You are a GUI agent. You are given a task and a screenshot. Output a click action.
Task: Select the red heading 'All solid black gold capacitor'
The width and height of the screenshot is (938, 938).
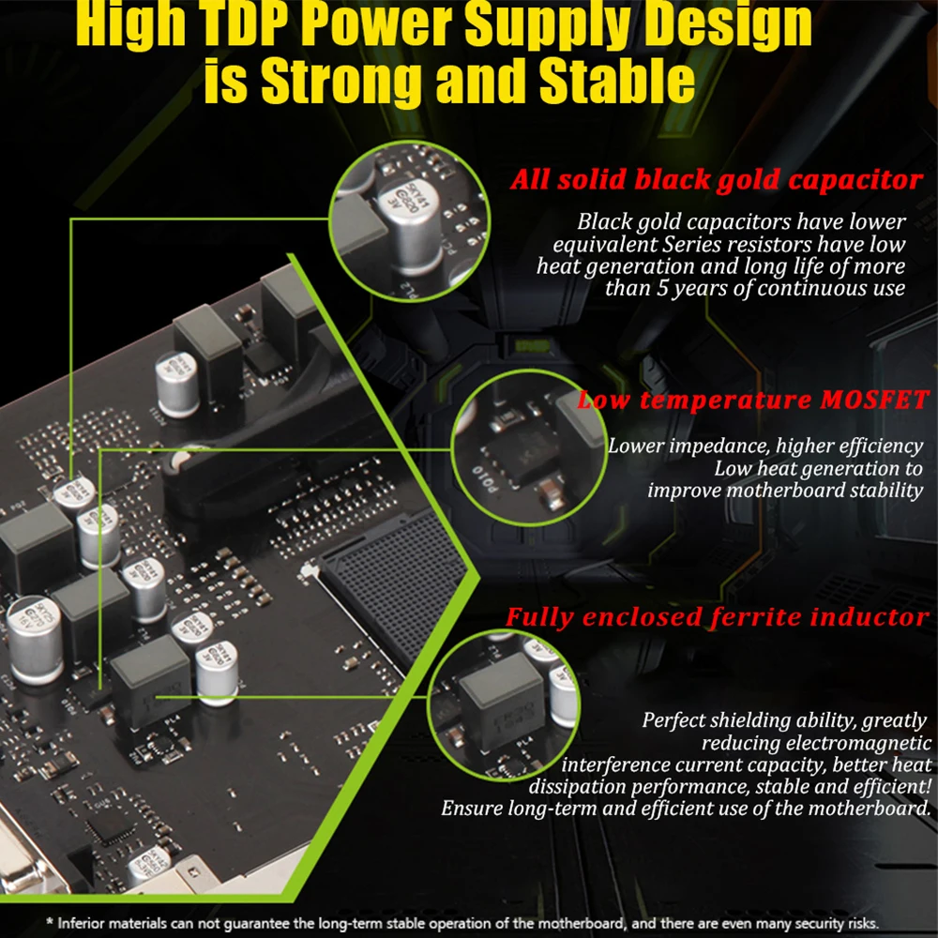tap(717, 179)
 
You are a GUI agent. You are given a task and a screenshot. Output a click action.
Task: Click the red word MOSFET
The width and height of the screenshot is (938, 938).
tap(874, 400)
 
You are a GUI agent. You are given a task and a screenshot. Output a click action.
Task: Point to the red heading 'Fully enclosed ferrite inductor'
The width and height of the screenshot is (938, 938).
tap(718, 617)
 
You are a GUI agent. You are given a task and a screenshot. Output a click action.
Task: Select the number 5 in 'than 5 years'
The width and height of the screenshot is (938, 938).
tap(662, 288)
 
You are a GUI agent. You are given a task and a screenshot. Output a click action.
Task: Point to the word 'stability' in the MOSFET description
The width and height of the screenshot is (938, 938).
tap(886, 492)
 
